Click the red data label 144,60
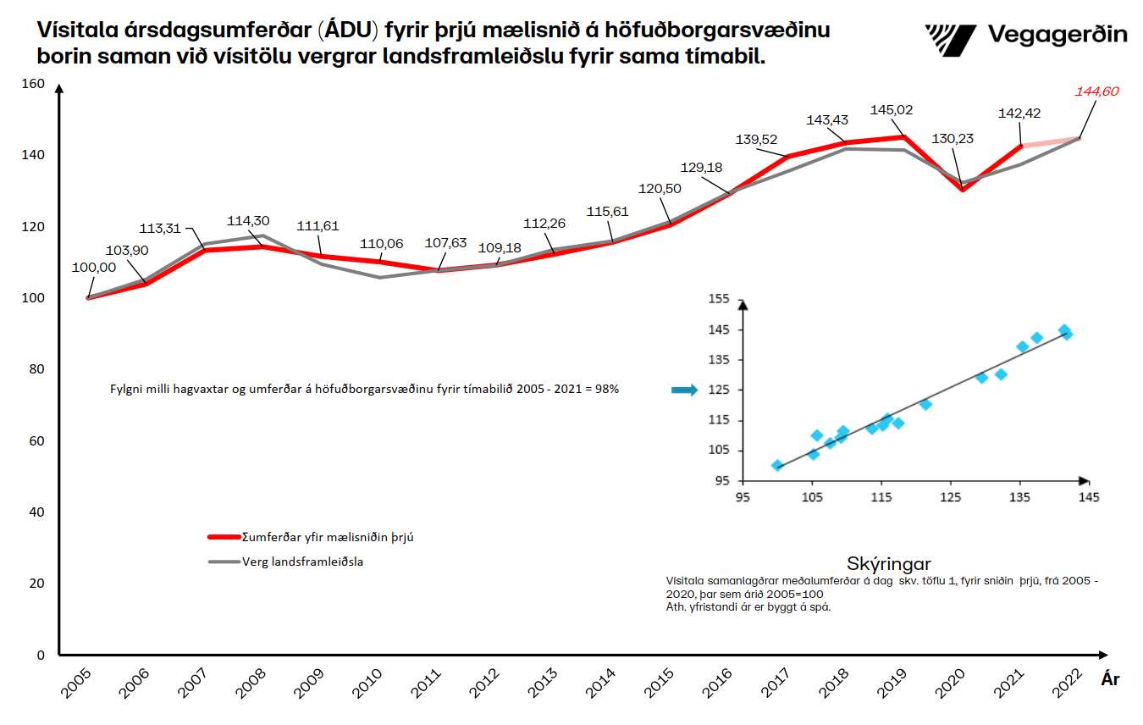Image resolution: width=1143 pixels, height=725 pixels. (x=1096, y=91)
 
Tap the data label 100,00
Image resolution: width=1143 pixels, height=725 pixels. (x=95, y=267)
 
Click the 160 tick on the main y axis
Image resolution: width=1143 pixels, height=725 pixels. (x=33, y=84)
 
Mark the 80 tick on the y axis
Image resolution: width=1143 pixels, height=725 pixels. (x=37, y=370)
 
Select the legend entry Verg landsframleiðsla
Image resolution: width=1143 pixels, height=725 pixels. (x=302, y=561)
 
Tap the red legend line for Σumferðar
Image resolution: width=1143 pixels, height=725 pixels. (x=224, y=536)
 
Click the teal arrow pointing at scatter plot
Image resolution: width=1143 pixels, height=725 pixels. (x=683, y=390)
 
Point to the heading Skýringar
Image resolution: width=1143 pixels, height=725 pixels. (x=889, y=564)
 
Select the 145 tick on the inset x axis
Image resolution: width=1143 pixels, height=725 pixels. (x=1087, y=497)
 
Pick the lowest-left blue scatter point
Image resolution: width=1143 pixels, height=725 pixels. (x=777, y=466)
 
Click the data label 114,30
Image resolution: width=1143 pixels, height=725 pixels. (x=248, y=221)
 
